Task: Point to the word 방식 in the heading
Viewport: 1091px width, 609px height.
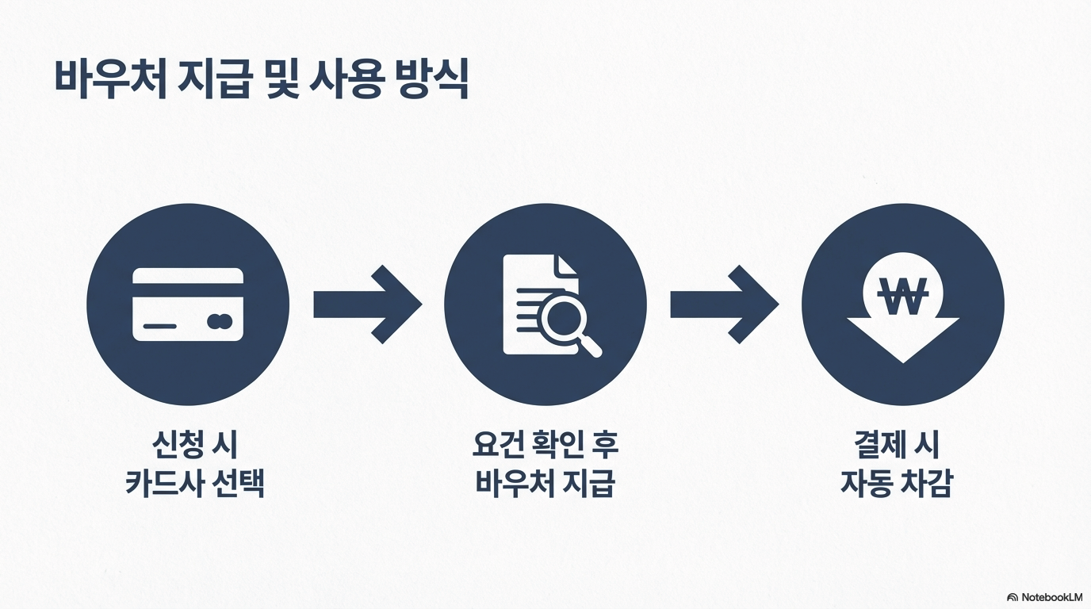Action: (x=429, y=79)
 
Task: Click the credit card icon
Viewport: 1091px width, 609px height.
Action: (x=188, y=304)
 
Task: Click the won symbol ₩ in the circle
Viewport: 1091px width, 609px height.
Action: (x=903, y=298)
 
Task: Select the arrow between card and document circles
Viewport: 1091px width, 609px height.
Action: (x=367, y=304)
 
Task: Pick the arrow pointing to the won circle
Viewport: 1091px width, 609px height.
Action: (x=724, y=304)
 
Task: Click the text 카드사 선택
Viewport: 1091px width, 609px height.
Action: (x=195, y=483)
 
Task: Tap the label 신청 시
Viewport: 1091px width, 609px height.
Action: (x=194, y=445)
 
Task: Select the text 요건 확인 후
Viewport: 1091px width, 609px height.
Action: (x=545, y=445)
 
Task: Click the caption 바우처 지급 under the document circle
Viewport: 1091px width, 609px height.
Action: (x=545, y=483)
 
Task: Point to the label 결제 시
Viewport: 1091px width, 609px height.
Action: (x=897, y=445)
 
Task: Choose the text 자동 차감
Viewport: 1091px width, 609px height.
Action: (x=897, y=483)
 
